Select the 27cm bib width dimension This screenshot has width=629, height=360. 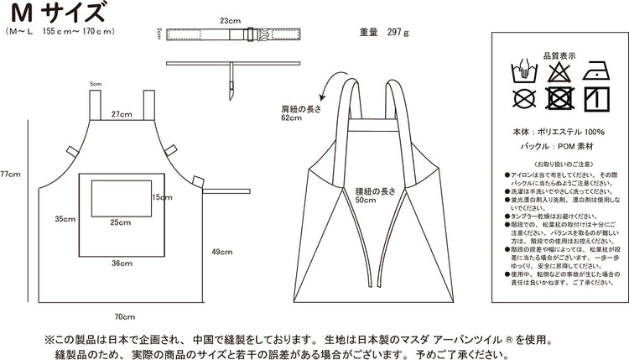122,113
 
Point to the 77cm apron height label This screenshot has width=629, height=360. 10,175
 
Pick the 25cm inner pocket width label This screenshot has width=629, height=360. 120,222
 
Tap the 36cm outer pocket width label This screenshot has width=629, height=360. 122,263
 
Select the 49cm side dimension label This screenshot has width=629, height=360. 221,252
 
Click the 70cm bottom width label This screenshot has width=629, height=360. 124,316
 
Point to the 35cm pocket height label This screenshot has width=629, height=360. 65,219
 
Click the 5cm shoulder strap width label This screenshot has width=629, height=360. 96,84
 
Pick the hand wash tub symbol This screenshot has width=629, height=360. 524,70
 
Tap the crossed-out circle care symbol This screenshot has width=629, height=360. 524,99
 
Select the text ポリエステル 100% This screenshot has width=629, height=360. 571,133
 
